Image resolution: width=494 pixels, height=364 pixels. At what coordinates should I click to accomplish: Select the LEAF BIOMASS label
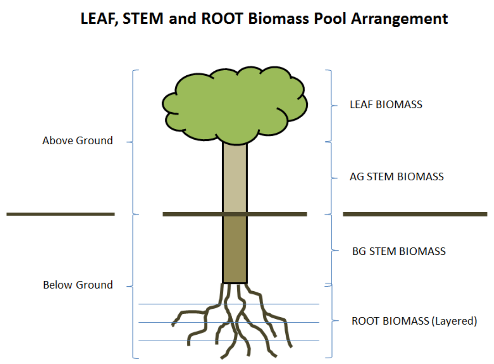(x=386, y=105)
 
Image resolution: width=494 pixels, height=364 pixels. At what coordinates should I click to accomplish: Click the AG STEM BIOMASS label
(x=397, y=177)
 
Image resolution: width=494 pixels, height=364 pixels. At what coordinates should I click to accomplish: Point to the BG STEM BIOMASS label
(x=399, y=251)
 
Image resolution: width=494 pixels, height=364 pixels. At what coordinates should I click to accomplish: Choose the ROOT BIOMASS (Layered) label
(x=414, y=321)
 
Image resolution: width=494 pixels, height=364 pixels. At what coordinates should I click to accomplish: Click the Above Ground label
(x=77, y=141)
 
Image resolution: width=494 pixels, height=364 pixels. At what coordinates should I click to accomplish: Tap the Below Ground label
(x=78, y=285)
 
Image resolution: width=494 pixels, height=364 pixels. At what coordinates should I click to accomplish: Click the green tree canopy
(x=234, y=105)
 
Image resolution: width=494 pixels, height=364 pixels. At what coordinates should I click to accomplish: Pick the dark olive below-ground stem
(x=235, y=249)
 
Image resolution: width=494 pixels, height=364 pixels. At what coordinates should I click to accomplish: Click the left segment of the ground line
(x=61, y=214)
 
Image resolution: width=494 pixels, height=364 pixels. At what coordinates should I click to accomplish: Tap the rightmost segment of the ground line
(x=415, y=214)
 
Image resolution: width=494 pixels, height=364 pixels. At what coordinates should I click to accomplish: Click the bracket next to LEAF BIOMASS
(x=330, y=105)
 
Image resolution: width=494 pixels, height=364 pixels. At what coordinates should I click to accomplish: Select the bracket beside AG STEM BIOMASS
(x=331, y=178)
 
